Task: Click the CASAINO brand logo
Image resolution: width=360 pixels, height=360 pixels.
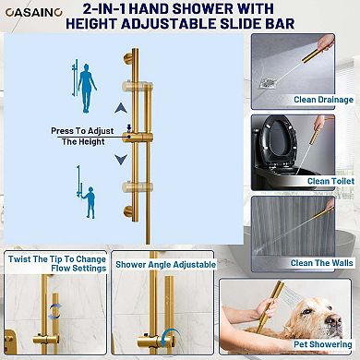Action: [x=34, y=12]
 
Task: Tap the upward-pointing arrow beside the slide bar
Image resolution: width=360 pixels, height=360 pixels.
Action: [x=121, y=108]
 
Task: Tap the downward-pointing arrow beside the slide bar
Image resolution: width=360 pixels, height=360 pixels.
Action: [x=121, y=159]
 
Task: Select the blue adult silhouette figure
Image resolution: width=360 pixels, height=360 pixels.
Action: [x=87, y=89]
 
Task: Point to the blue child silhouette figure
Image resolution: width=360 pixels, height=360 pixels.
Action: [x=90, y=202]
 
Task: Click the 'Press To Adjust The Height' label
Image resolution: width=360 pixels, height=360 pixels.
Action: [x=82, y=136]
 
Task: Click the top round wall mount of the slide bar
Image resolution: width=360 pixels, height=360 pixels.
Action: [x=127, y=58]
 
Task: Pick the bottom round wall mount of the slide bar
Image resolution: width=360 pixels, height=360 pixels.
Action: [x=127, y=211]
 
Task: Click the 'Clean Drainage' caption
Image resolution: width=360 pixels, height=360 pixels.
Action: [x=323, y=100]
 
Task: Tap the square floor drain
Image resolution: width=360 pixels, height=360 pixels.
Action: [x=270, y=83]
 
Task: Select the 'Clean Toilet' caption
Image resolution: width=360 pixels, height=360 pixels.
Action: [x=330, y=181]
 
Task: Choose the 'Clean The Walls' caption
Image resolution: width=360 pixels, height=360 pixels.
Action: [x=321, y=263]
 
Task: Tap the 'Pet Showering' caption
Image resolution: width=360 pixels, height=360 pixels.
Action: [x=322, y=344]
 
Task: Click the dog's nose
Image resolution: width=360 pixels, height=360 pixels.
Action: [x=334, y=320]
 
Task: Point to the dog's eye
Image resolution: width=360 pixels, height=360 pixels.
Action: [x=307, y=311]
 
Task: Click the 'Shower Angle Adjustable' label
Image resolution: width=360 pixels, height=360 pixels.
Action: [x=165, y=265]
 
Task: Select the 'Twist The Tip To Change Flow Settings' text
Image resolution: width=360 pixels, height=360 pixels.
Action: [x=57, y=264]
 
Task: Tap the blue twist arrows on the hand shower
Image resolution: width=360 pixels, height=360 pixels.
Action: [x=54, y=311]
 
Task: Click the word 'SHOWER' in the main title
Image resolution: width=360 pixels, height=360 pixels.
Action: [x=203, y=8]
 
